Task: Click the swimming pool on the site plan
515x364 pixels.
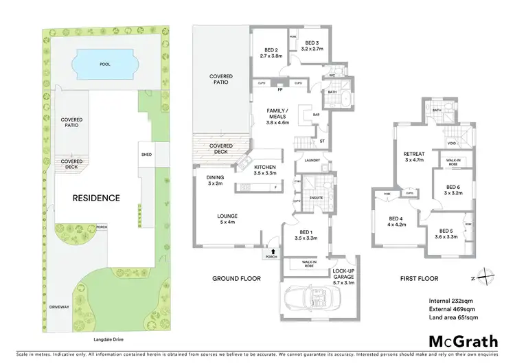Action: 105,64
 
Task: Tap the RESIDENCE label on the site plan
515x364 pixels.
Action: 97,198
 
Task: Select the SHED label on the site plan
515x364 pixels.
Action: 146,154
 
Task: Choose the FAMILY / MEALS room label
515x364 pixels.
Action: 278,114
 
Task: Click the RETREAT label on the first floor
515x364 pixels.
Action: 414,156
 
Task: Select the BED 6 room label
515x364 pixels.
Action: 452,190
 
